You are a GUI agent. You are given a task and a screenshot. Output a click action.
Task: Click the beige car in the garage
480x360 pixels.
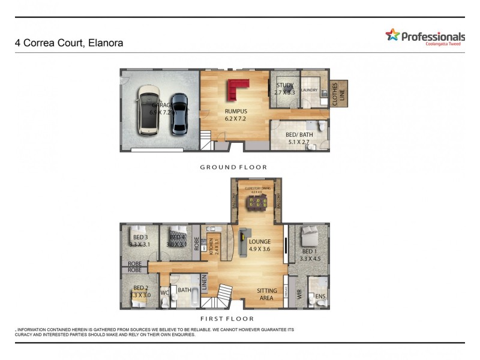coord(149,109)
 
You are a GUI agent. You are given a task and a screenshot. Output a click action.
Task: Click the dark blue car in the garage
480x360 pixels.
coord(179,113)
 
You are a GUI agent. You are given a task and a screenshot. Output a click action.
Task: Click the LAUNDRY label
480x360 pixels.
coord(309,91)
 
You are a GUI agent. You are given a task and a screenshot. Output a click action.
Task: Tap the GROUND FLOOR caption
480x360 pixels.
coord(233,167)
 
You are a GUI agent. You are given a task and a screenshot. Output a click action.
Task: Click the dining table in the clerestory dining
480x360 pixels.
coord(256,206)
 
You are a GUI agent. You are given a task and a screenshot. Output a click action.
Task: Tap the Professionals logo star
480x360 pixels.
coord(392,35)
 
